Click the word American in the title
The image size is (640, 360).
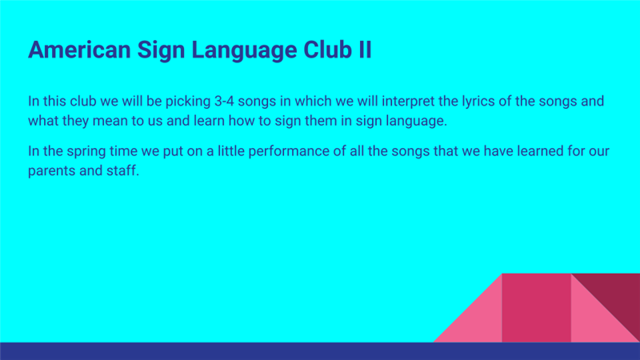click(x=79, y=50)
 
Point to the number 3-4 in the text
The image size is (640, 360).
click(x=224, y=102)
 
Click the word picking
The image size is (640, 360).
click(x=188, y=102)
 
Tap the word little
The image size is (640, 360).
click(x=231, y=151)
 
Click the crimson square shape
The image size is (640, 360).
click(x=536, y=308)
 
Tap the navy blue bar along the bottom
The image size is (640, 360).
click(x=320, y=351)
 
